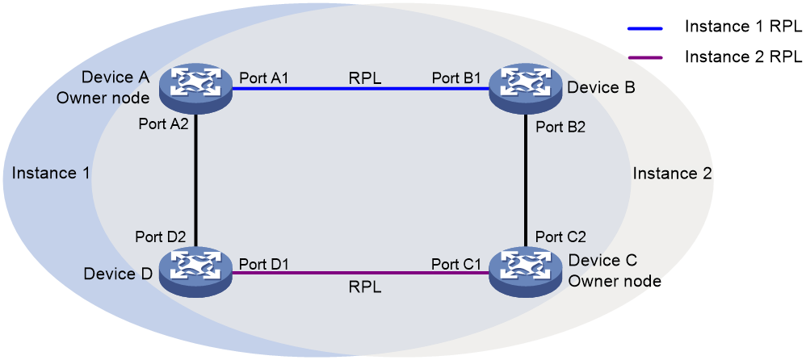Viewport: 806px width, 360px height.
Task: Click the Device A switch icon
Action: pos(195,88)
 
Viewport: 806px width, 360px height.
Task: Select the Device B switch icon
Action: pos(524,88)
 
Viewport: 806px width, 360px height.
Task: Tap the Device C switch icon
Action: pos(524,272)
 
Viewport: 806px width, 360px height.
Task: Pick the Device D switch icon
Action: pos(195,272)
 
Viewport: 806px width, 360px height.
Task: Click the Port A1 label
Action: pos(263,78)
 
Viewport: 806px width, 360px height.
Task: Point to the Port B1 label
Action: pos(456,78)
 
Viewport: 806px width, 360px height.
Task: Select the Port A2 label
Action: pos(163,123)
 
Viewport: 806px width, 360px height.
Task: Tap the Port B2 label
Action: pos(560,127)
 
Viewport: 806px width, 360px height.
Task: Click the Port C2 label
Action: pos(560,237)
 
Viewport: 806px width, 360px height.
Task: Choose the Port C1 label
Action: pos(456,264)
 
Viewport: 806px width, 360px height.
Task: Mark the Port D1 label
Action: pos(264,264)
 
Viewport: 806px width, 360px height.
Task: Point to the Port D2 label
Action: pos(160,237)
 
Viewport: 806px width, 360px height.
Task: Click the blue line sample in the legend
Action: pos(644,28)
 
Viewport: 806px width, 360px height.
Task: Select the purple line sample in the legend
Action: pos(644,57)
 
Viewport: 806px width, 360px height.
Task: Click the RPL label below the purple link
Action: pos(365,287)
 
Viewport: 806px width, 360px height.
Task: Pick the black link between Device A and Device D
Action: pos(195,180)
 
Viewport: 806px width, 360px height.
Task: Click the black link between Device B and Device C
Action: pos(524,180)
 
